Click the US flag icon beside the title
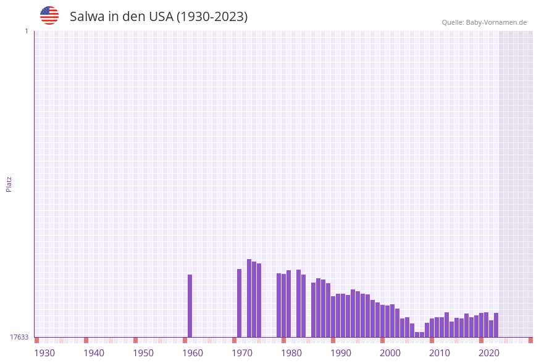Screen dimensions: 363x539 (x=49, y=15)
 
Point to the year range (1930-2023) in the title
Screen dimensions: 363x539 (x=212, y=17)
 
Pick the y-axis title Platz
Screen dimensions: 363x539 (x=9, y=184)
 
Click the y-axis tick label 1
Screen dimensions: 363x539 (x=26, y=31)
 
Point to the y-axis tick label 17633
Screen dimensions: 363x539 (x=19, y=337)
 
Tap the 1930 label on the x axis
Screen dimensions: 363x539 (x=44, y=353)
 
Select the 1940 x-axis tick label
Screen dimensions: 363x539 (x=94, y=353)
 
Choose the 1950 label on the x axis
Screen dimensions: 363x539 (x=143, y=353)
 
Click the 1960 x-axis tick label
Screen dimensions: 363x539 (x=193, y=353)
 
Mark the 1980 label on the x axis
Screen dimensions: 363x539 (x=291, y=353)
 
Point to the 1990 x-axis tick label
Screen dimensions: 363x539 (x=341, y=353)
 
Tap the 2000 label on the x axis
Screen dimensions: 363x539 (x=390, y=353)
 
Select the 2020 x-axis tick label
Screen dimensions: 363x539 (x=489, y=353)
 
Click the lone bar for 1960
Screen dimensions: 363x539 (x=190, y=305)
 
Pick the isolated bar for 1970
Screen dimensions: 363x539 (x=240, y=303)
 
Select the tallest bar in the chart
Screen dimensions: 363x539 (x=249, y=298)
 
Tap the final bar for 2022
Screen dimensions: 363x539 (x=496, y=325)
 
